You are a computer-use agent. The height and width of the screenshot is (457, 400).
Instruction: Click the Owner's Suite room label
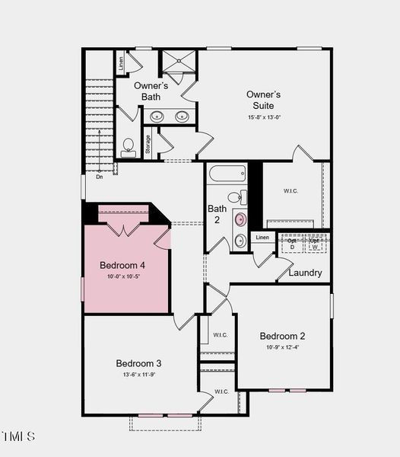(x=264, y=100)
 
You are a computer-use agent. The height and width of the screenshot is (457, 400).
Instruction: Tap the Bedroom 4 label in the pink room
(x=122, y=265)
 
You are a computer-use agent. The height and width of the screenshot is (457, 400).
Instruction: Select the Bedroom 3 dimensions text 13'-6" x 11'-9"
(x=138, y=375)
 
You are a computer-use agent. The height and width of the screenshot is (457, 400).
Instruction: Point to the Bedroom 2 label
(x=282, y=336)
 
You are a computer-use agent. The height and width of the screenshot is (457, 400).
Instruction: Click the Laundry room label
(x=304, y=273)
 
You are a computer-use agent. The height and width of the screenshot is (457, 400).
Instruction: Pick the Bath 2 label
(x=217, y=214)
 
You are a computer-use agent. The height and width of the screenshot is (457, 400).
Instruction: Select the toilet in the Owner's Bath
(x=129, y=146)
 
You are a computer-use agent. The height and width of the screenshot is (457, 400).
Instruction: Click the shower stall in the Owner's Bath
(x=178, y=63)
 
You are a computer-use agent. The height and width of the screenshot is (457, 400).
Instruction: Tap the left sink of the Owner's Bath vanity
(x=157, y=117)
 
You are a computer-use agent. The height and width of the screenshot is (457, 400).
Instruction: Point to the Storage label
(x=148, y=144)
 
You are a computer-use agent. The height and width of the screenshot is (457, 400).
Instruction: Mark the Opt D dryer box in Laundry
(x=292, y=244)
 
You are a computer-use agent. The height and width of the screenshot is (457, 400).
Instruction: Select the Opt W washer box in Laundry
(x=314, y=244)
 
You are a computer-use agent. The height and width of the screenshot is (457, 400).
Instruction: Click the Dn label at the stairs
(x=99, y=177)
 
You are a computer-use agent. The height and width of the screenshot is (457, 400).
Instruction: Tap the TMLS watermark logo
(x=17, y=436)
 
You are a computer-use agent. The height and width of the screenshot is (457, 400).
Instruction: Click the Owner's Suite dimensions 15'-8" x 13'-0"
(x=264, y=117)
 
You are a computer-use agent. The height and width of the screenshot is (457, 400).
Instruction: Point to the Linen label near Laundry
(x=262, y=238)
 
